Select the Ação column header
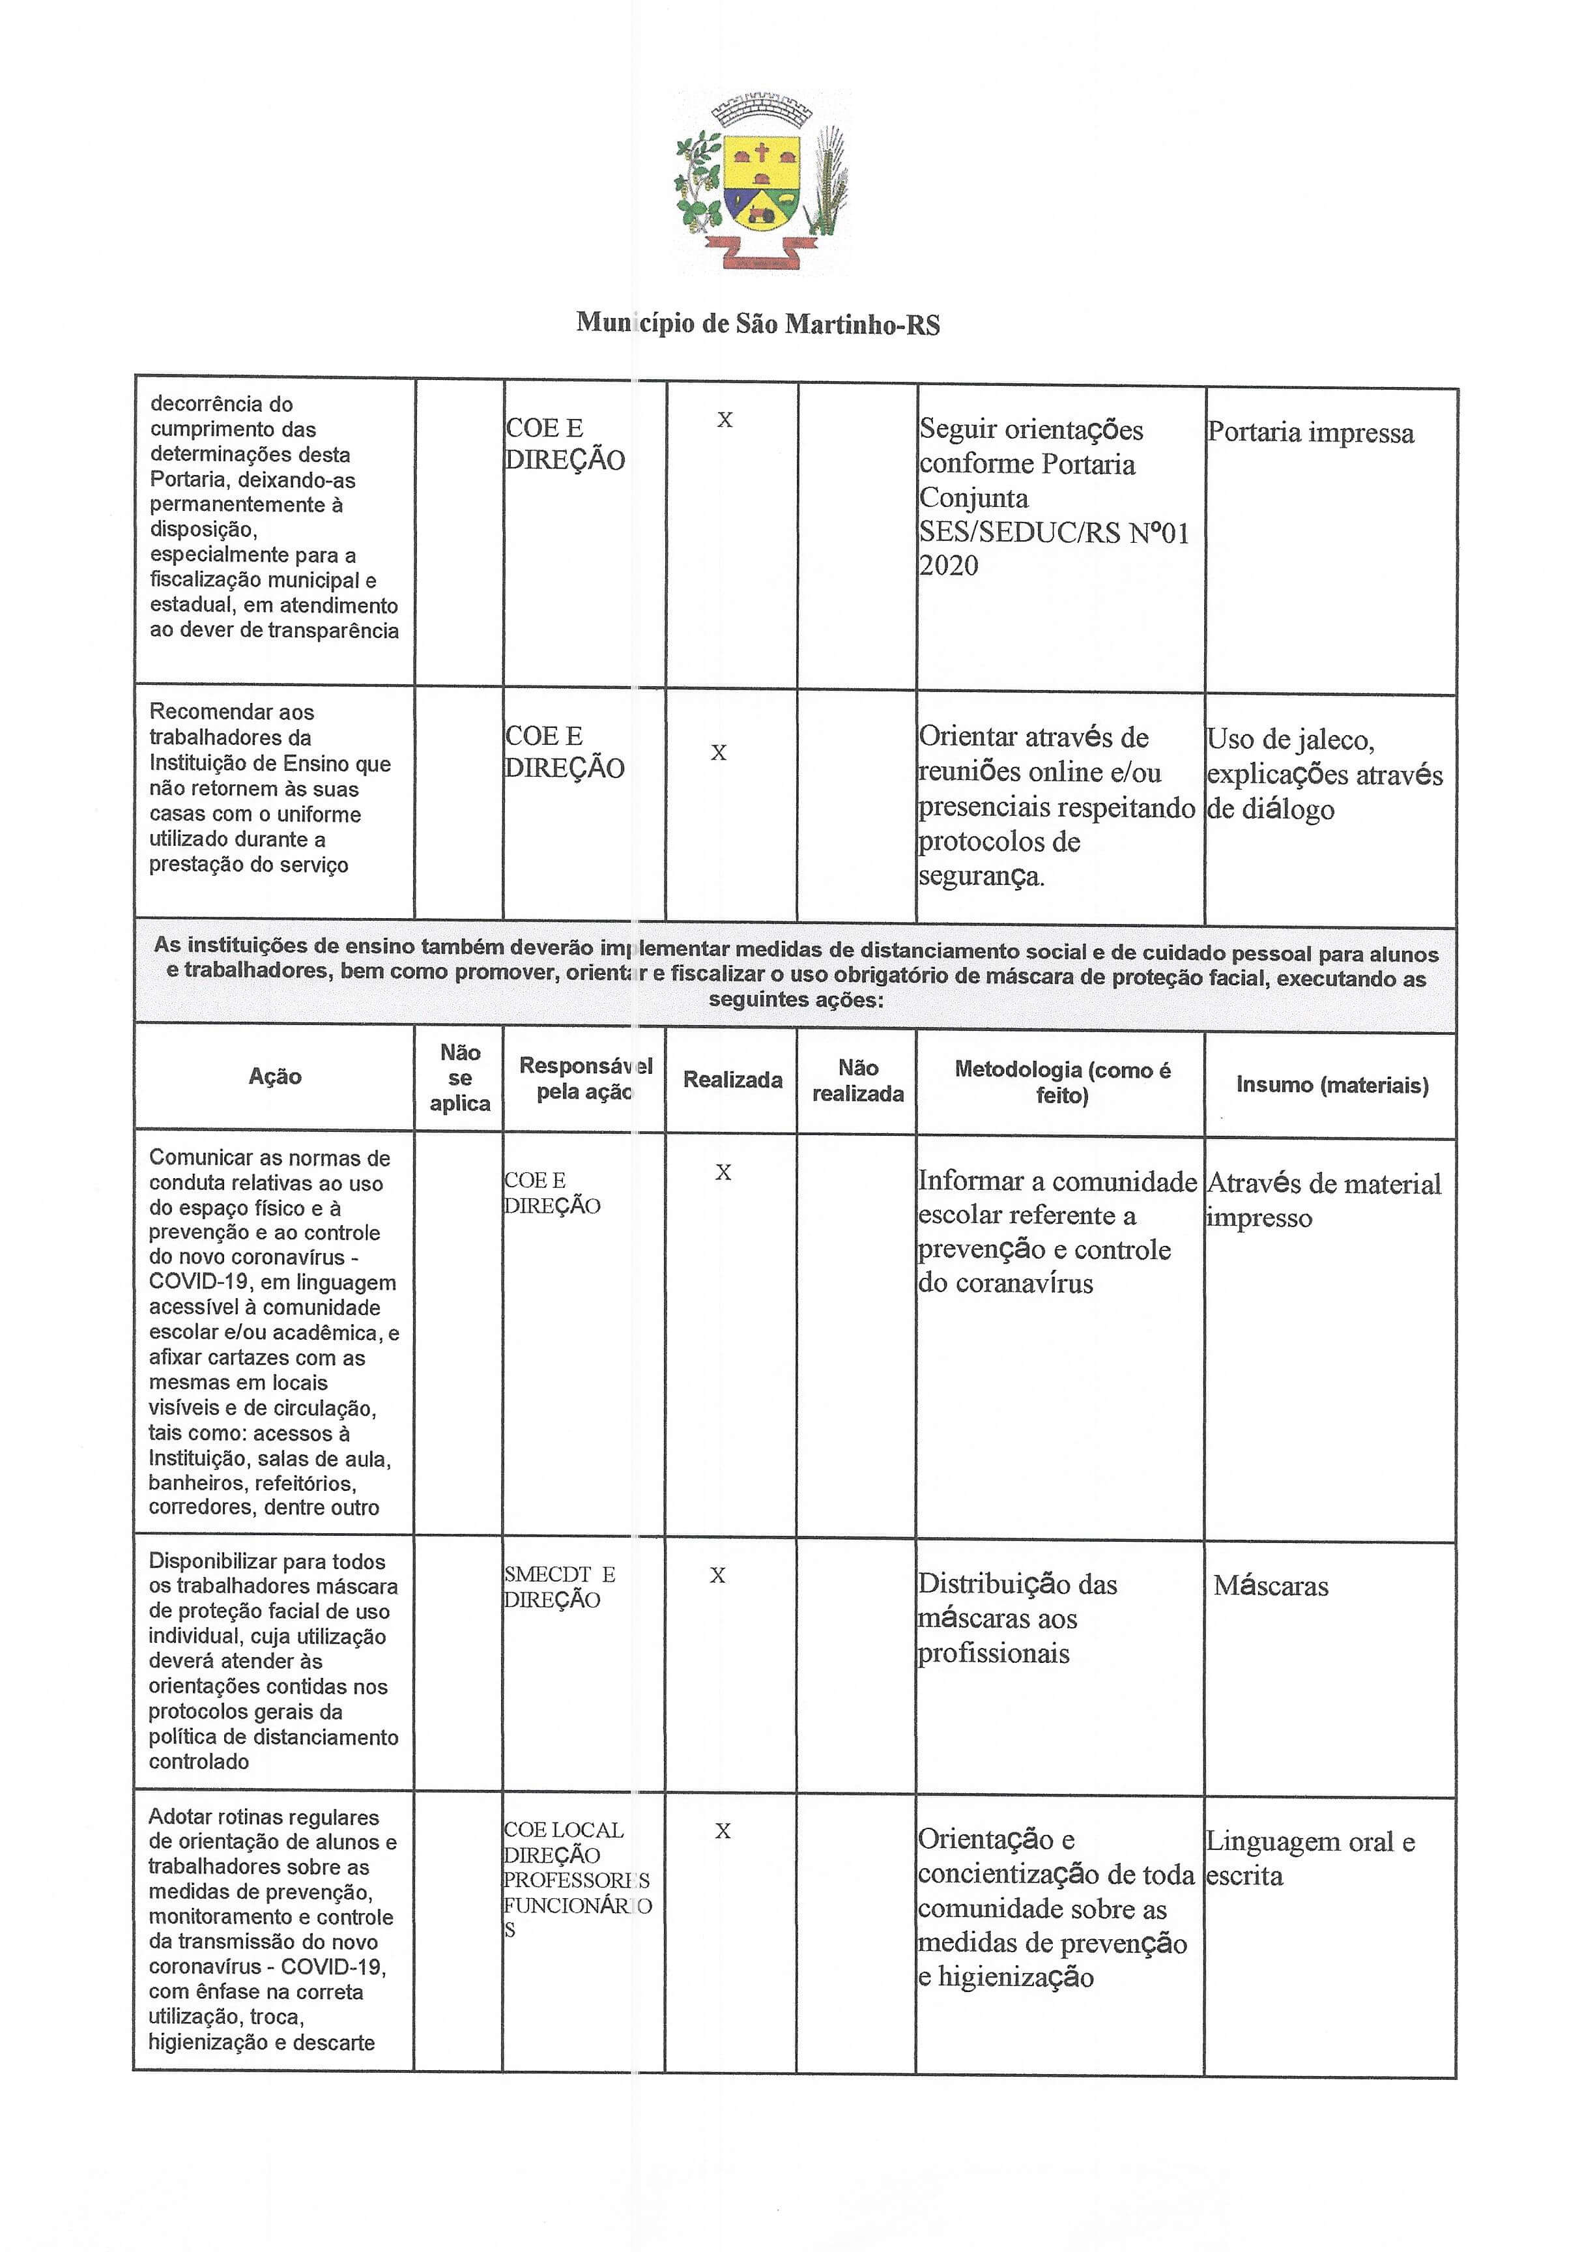pos(275,1076)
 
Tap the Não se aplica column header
pos(459,1077)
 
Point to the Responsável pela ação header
pos(585,1078)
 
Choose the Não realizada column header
pos(857,1080)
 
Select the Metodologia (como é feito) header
pos(1061,1082)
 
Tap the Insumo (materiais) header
pos(1332,1084)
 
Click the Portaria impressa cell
pos(1310,433)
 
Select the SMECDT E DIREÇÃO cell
pos(558,1586)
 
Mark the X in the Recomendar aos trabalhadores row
pos(719,753)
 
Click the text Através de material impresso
pos(1323,1200)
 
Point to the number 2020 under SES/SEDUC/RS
pos(949,566)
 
